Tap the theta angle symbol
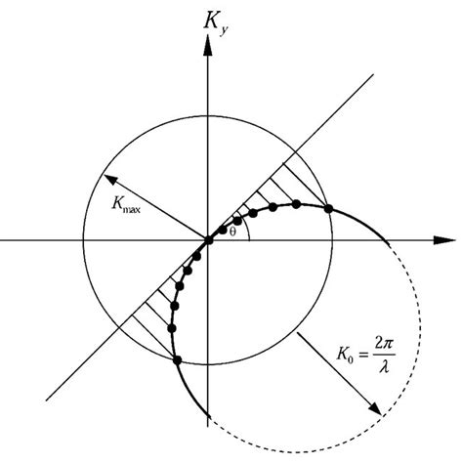[231, 231]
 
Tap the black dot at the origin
[208, 240]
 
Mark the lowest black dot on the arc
[177, 361]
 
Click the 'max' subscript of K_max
[134, 211]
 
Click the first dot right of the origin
[223, 232]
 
